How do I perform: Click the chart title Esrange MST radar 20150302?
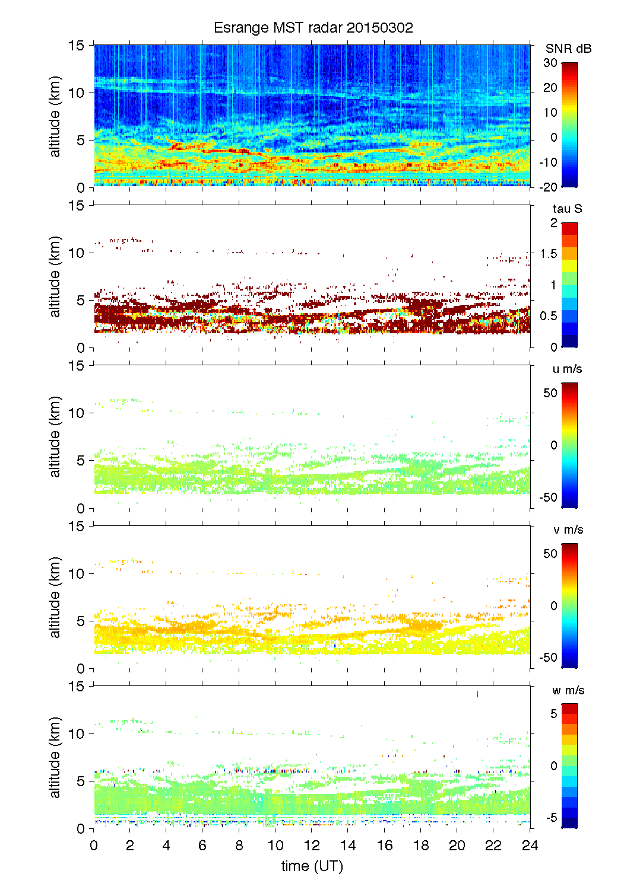pyautogui.click(x=313, y=28)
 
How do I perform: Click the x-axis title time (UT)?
pyautogui.click(x=312, y=866)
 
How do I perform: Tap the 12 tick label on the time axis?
pyautogui.click(x=312, y=846)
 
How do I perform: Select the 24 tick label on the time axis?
pyautogui.click(x=530, y=846)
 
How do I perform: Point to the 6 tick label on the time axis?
pyautogui.click(x=202, y=846)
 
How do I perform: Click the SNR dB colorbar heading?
pyautogui.click(x=568, y=49)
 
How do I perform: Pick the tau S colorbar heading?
pyautogui.click(x=567, y=209)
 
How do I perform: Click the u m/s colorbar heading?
pyautogui.click(x=567, y=369)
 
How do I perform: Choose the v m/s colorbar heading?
pyautogui.click(x=568, y=529)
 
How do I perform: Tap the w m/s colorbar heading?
pyautogui.click(x=568, y=690)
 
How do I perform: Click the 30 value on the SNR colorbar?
pyautogui.click(x=550, y=63)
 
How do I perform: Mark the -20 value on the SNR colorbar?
pyautogui.click(x=548, y=187)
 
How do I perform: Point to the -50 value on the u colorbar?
pyautogui.click(x=548, y=497)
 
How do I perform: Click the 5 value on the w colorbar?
pyautogui.click(x=554, y=714)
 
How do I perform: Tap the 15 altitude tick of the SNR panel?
pyautogui.click(x=77, y=45)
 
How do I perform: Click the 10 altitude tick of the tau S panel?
pyautogui.click(x=77, y=253)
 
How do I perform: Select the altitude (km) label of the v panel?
pyautogui.click(x=55, y=597)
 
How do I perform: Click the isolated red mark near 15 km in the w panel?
pyautogui.click(x=477, y=694)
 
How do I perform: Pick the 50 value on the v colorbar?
pyautogui.click(x=550, y=554)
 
